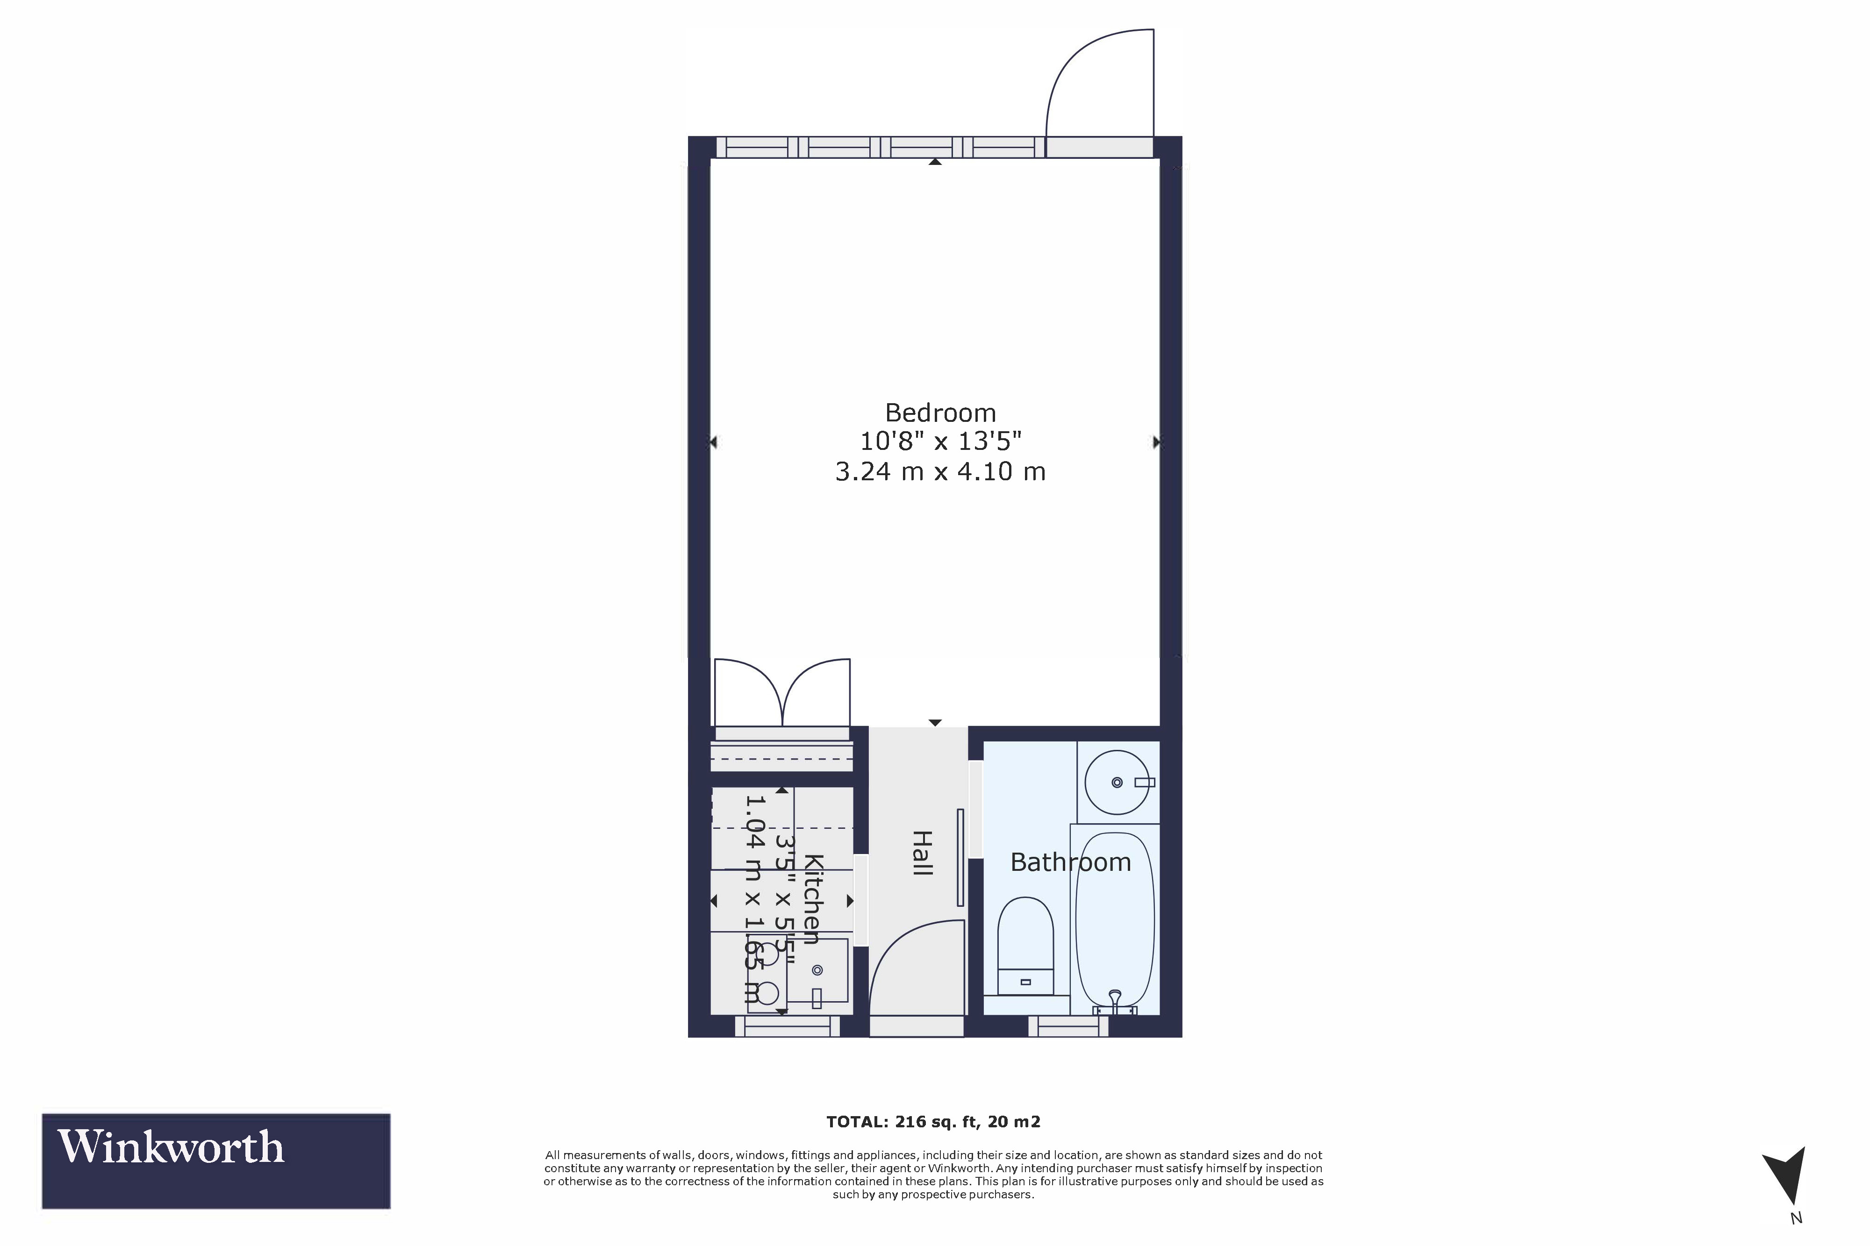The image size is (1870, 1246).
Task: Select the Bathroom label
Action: (1070, 862)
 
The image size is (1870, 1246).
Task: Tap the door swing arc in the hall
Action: (914, 966)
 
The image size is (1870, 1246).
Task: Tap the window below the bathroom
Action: (1068, 1027)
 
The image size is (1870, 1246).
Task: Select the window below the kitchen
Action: (787, 1027)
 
